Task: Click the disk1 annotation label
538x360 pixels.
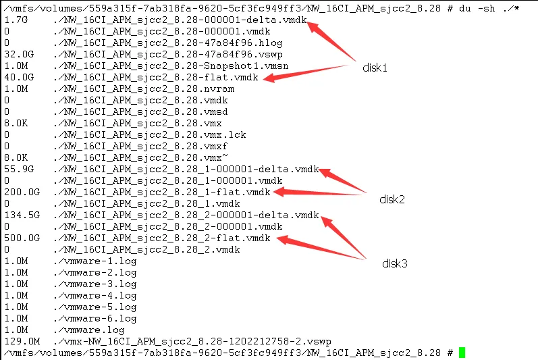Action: point(375,68)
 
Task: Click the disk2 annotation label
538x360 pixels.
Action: point(392,199)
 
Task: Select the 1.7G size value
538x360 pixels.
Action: point(14,20)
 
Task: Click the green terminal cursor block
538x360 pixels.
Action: point(462,353)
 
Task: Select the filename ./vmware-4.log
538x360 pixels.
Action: point(95,295)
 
